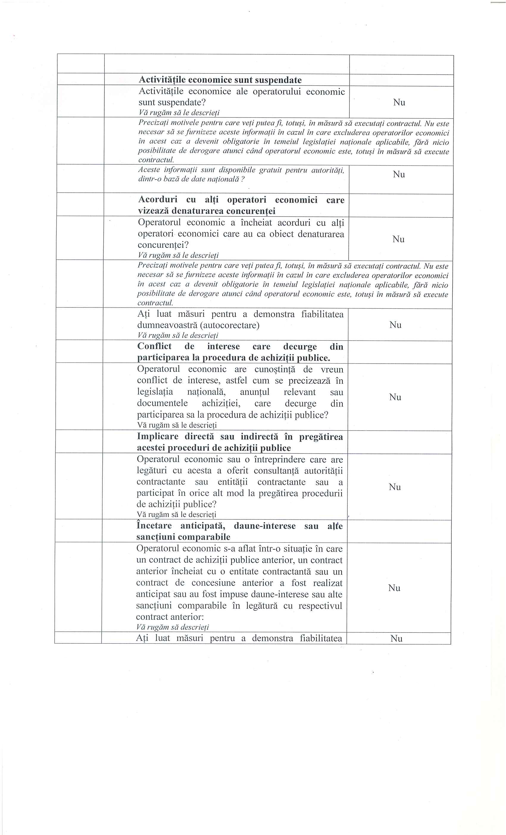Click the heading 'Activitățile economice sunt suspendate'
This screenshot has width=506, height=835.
pyautogui.click(x=220, y=80)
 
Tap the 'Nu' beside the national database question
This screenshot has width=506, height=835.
pyautogui.click(x=399, y=174)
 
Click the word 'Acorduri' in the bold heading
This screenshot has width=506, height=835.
pyautogui.click(x=158, y=200)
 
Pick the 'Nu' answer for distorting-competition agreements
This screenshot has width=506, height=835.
pyautogui.click(x=398, y=239)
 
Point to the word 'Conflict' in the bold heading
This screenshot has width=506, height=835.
pyautogui.click(x=154, y=346)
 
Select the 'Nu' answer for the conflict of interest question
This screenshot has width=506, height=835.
pyautogui.click(x=395, y=397)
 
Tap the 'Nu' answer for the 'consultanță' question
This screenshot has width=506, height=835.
pyautogui.click(x=395, y=487)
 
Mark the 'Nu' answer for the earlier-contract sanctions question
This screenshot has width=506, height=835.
pyautogui.click(x=394, y=588)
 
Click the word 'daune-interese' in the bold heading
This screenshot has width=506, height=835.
pyautogui.click(x=270, y=526)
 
